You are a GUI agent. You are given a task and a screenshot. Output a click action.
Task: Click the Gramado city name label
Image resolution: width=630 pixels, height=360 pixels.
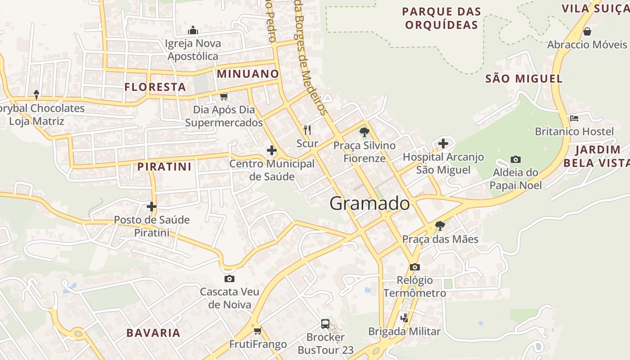click(x=369, y=203)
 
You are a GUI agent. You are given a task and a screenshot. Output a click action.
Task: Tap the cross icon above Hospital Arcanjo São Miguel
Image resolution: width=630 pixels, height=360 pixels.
click(x=443, y=144)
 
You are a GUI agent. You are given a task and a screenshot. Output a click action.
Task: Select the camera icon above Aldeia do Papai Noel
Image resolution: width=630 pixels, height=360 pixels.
click(x=516, y=159)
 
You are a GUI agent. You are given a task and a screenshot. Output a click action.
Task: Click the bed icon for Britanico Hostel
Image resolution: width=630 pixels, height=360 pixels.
click(x=574, y=118)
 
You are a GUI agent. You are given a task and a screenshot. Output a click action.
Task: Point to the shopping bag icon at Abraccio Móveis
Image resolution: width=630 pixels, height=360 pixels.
click(x=587, y=31)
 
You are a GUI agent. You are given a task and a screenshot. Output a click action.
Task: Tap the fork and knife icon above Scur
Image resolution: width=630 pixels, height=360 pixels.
click(x=307, y=130)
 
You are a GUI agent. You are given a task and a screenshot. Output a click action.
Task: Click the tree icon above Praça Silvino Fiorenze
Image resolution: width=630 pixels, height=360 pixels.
click(x=364, y=132)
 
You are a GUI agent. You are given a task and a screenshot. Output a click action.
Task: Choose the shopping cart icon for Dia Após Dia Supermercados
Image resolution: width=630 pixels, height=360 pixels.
click(x=224, y=96)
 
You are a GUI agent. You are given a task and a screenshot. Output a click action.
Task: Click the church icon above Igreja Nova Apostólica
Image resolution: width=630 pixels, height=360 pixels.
click(x=193, y=31)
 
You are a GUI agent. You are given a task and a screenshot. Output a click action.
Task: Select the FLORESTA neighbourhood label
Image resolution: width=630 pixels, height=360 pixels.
click(x=155, y=87)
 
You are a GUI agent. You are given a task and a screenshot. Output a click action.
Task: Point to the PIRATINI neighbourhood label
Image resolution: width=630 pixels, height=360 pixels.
click(x=165, y=166)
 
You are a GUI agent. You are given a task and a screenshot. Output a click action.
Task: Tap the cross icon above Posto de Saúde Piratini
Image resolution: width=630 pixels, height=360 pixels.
click(x=152, y=207)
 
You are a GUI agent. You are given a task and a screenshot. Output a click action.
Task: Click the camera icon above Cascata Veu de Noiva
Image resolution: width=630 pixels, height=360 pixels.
click(x=229, y=279)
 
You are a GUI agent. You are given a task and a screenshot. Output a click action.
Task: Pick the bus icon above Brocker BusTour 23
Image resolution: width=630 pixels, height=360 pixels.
click(x=325, y=324)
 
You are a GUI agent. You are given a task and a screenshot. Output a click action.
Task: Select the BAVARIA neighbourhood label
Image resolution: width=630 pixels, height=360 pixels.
click(x=153, y=333)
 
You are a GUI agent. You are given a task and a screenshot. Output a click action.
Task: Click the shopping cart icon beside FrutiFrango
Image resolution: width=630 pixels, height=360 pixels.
click(x=257, y=331)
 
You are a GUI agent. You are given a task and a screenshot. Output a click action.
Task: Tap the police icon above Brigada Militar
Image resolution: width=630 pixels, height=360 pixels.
click(x=404, y=318)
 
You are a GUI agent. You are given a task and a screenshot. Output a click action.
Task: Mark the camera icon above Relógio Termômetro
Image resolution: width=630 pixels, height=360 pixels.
click(x=415, y=267)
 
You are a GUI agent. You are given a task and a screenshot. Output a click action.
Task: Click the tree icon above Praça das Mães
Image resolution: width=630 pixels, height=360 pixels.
click(x=440, y=225)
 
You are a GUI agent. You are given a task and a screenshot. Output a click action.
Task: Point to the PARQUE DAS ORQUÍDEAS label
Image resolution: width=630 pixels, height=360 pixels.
click(x=441, y=18)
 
